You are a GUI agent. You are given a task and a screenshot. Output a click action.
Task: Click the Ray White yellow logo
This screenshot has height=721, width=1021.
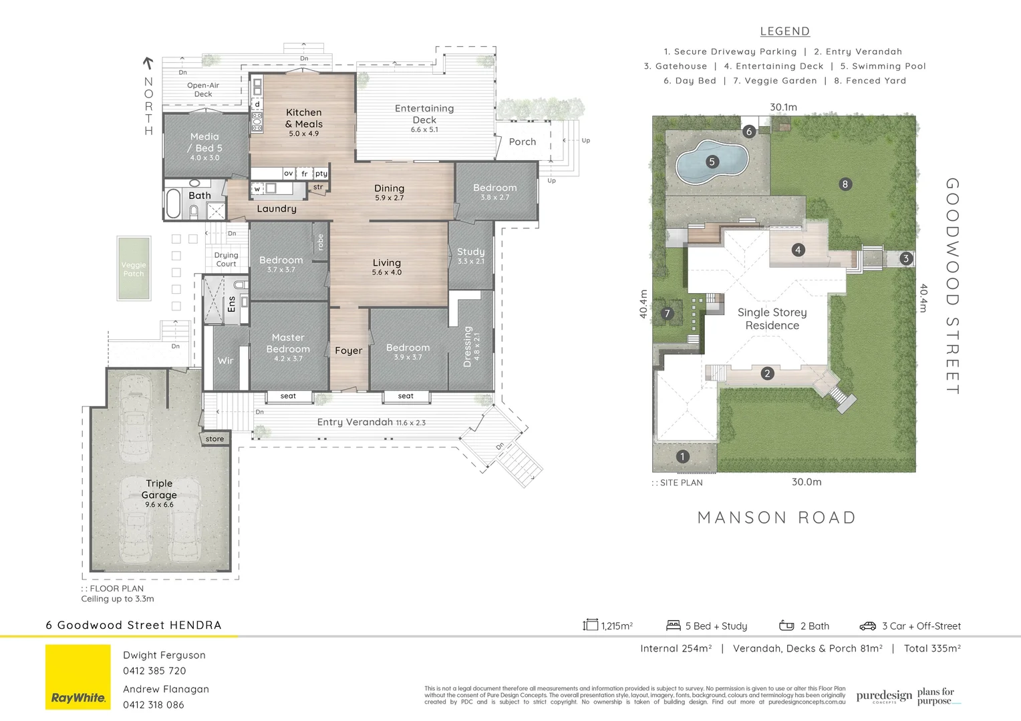tap(78, 676)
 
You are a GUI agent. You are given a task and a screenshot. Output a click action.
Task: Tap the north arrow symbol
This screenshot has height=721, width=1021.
tap(148, 63)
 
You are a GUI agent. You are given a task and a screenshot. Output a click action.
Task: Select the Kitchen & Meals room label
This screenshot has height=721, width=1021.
tap(304, 118)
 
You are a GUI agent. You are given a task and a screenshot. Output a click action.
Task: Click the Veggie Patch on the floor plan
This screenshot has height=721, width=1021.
tap(134, 269)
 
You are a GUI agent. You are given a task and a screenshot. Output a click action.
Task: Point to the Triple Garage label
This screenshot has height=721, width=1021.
tap(159, 489)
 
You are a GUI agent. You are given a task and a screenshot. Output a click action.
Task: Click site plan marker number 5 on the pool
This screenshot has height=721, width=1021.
tap(712, 162)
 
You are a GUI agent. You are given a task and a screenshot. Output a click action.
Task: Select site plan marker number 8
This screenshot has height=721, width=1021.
tap(845, 184)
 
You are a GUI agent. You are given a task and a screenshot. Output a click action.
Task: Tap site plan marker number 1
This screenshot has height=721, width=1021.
tap(682, 457)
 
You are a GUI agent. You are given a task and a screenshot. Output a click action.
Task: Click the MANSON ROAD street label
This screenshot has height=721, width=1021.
tap(776, 518)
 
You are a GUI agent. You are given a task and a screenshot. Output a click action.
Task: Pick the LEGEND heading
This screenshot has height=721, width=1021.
tap(784, 31)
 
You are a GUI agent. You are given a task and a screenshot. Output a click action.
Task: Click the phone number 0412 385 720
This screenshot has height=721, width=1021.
tap(154, 671)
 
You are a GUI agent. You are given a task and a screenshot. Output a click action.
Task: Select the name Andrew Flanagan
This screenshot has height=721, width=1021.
tap(166, 689)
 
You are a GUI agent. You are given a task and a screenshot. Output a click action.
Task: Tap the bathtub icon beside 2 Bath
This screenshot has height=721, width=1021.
tap(786, 626)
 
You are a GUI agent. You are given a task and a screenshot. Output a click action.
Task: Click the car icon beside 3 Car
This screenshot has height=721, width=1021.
tap(867, 626)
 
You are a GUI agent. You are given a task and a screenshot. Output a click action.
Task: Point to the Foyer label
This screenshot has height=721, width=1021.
tap(348, 350)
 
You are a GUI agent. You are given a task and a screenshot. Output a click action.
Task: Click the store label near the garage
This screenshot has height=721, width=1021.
tap(214, 439)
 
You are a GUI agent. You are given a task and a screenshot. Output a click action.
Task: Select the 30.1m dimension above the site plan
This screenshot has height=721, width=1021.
tap(783, 107)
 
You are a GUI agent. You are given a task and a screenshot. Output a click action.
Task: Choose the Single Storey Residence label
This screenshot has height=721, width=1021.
tap(772, 319)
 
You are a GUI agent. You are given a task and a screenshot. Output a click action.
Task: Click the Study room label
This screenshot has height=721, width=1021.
tap(470, 252)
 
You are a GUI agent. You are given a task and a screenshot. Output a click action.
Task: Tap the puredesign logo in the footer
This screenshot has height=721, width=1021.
tap(883, 696)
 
